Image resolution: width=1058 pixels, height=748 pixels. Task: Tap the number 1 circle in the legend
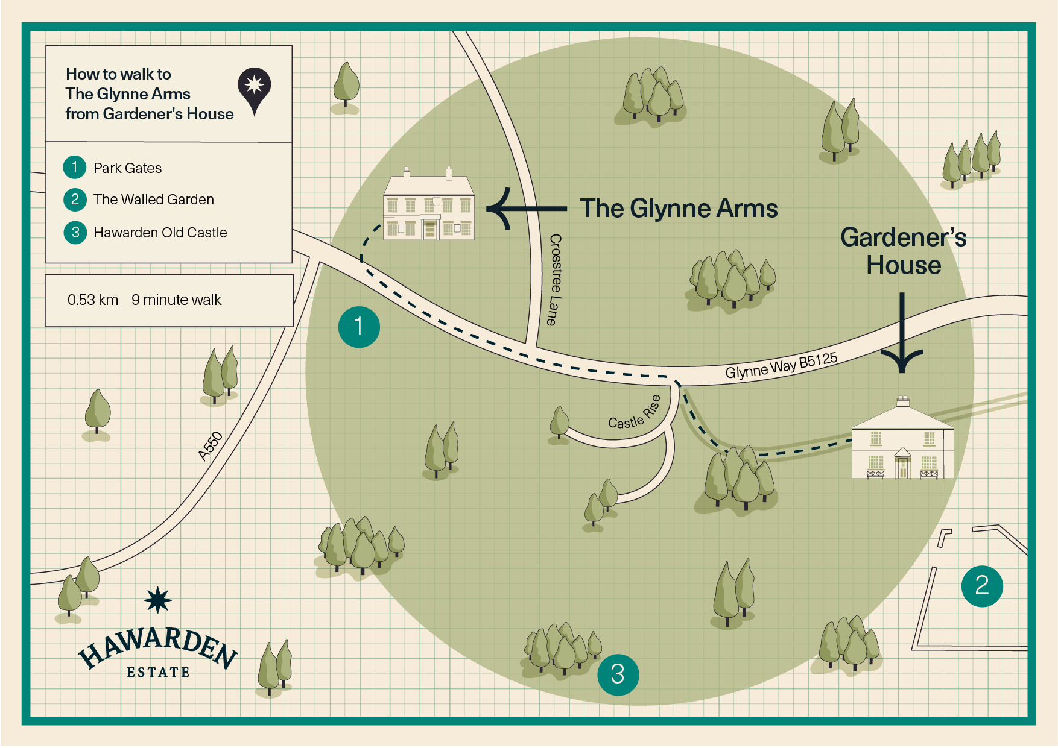(x=75, y=167)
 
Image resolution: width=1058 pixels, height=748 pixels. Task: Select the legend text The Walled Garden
(x=154, y=200)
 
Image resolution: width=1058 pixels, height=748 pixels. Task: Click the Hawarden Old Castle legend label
(x=160, y=233)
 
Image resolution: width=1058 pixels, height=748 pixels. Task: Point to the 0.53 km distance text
(x=93, y=300)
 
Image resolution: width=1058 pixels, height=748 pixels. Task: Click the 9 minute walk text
(x=177, y=300)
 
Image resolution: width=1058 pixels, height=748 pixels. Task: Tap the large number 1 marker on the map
(x=359, y=327)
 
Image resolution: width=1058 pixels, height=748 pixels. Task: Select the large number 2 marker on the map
(x=982, y=585)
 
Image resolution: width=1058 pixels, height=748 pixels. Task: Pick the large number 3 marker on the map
(x=618, y=674)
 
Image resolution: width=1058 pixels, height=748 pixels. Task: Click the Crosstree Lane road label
(x=555, y=280)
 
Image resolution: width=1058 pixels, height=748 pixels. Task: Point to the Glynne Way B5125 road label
(x=782, y=366)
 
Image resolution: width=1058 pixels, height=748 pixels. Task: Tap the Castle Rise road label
(x=635, y=413)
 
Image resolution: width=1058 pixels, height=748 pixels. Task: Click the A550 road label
(x=211, y=447)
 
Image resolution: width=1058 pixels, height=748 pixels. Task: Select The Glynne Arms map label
(x=679, y=209)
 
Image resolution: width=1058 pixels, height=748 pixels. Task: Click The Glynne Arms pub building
(x=429, y=204)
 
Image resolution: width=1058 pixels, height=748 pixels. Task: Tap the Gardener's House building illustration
(x=902, y=439)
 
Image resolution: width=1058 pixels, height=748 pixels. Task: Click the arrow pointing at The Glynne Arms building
(x=527, y=209)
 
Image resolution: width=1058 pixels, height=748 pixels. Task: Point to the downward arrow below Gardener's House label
(x=902, y=333)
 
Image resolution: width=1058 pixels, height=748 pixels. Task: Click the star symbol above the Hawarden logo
(x=158, y=600)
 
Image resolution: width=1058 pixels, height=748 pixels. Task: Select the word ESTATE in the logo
(x=158, y=673)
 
